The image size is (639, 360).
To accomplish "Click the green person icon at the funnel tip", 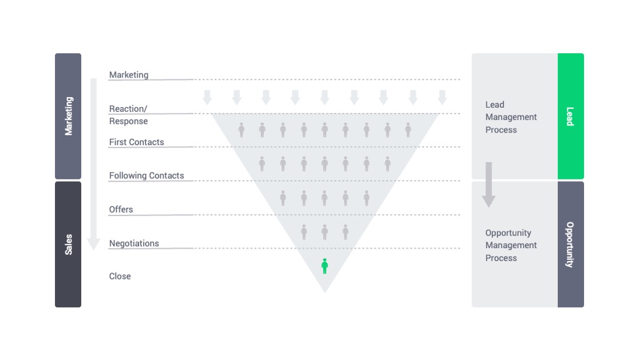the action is (324, 266).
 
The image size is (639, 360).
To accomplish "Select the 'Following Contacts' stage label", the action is (146, 175).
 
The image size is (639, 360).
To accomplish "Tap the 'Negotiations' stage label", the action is (134, 243).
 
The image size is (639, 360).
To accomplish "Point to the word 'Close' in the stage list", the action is (120, 276).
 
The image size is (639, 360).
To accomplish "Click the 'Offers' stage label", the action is (121, 209).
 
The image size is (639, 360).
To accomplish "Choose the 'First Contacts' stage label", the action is (136, 142).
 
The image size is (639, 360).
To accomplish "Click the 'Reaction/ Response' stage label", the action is (128, 115).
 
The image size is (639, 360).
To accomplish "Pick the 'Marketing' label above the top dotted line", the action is (128, 75).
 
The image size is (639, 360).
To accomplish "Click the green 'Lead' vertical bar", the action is (570, 116).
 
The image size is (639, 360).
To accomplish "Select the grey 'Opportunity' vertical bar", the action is (570, 244).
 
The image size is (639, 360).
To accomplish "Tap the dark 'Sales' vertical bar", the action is (68, 244).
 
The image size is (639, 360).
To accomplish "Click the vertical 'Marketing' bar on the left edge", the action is (68, 116).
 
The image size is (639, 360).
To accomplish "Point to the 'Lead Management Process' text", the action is (511, 117).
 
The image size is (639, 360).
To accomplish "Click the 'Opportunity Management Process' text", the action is (511, 245).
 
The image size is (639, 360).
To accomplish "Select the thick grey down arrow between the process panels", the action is (489, 185).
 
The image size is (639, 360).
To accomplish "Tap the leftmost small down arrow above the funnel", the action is (207, 98).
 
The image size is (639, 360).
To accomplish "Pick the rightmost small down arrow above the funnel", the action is (442, 98).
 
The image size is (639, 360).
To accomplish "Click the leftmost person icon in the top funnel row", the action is (241, 130).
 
